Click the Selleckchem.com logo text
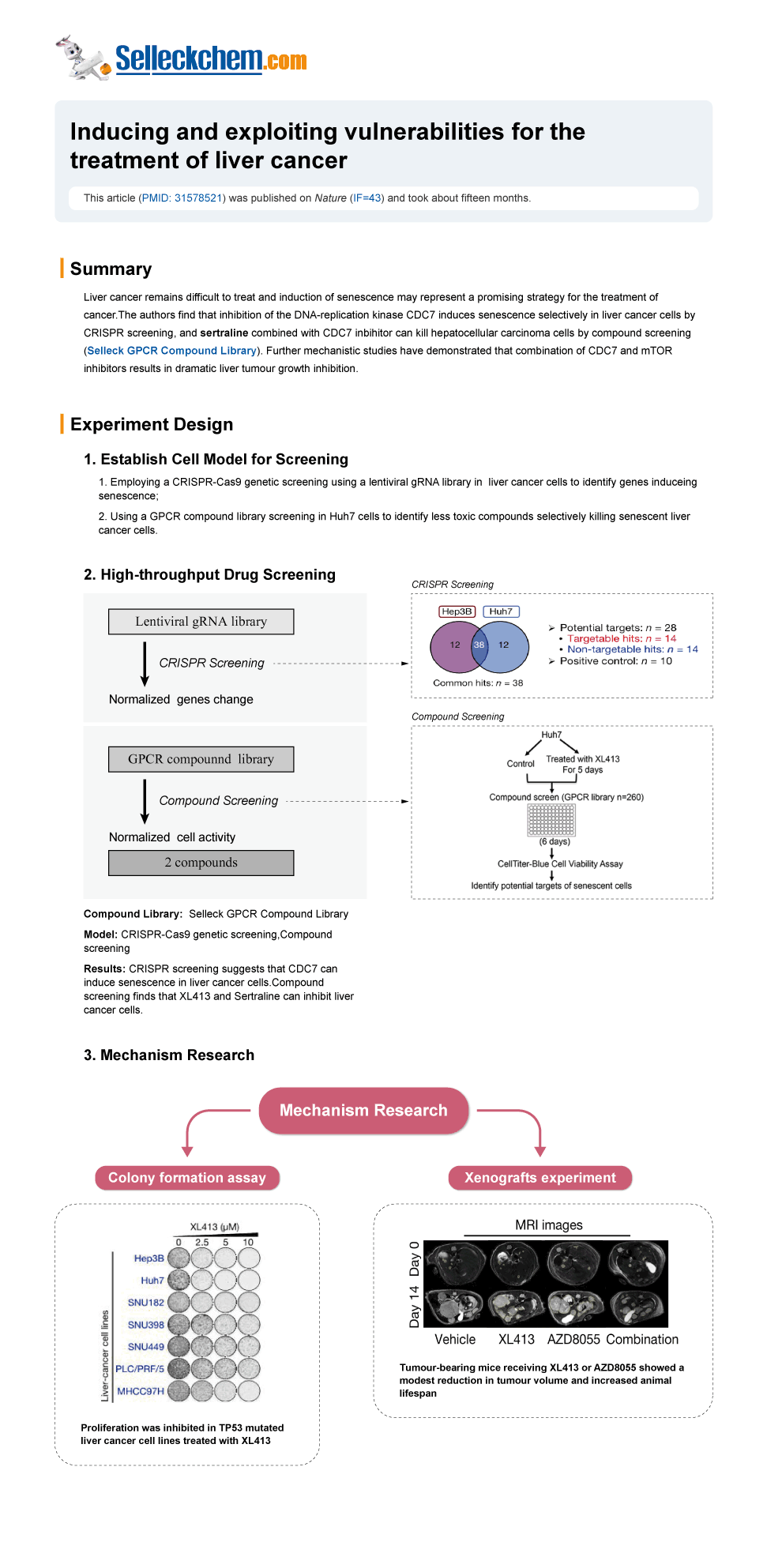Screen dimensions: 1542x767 click(210, 59)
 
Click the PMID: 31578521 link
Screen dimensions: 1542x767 click(182, 198)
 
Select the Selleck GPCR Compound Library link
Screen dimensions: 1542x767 click(171, 351)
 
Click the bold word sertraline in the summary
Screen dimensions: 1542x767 click(224, 333)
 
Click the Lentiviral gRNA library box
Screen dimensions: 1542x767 click(201, 622)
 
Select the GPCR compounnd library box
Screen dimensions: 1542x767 click(201, 759)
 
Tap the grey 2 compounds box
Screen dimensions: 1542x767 click(201, 863)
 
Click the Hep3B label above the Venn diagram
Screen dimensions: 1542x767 click(457, 611)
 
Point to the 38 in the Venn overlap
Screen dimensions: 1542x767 click(479, 645)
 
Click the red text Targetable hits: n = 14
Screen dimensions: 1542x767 click(621, 639)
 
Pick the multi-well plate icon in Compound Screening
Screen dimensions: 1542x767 click(551, 820)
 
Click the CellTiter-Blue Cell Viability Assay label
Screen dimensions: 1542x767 click(560, 864)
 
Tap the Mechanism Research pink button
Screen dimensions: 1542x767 click(363, 1111)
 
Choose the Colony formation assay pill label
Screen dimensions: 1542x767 click(187, 1178)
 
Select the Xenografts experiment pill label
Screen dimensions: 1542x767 click(540, 1178)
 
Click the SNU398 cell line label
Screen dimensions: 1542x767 click(146, 1325)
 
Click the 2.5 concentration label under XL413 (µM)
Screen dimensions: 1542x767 click(202, 1243)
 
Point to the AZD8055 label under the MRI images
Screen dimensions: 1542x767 click(574, 1340)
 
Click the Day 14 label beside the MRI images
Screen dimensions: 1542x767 click(415, 1306)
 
